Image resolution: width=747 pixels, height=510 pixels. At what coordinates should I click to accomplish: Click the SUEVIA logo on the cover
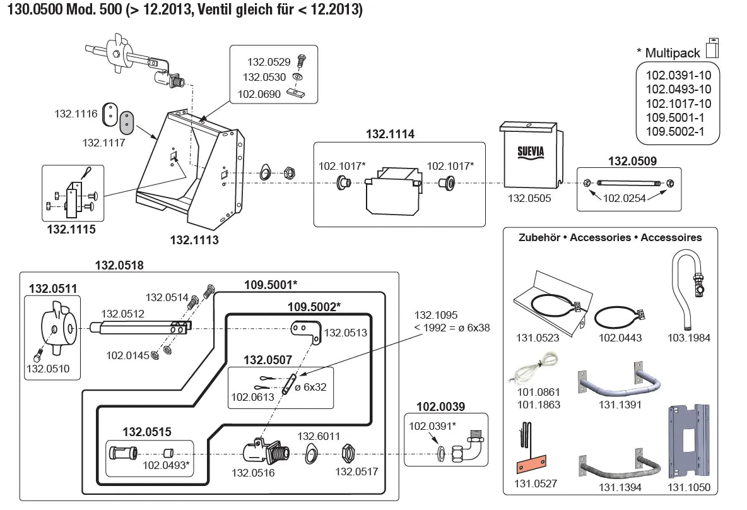point(531,152)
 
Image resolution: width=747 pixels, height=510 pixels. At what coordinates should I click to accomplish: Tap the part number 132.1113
point(194,240)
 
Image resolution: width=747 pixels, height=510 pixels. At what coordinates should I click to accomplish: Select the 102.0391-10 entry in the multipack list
point(678,75)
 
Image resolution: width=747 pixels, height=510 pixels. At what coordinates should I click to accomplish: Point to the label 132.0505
point(530,198)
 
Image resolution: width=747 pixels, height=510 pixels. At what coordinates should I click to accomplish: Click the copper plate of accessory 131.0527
point(529,468)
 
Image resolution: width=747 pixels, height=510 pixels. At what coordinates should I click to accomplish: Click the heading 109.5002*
point(314,307)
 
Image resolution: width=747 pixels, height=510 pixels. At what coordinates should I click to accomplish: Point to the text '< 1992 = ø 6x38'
point(452,328)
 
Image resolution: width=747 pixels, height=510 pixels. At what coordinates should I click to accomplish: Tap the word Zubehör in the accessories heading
point(539,238)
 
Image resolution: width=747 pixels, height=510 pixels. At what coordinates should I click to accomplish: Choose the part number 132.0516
point(253,472)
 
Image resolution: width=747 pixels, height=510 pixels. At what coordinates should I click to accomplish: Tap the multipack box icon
point(712,47)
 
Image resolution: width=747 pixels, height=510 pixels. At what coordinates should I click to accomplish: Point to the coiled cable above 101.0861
point(528,369)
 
